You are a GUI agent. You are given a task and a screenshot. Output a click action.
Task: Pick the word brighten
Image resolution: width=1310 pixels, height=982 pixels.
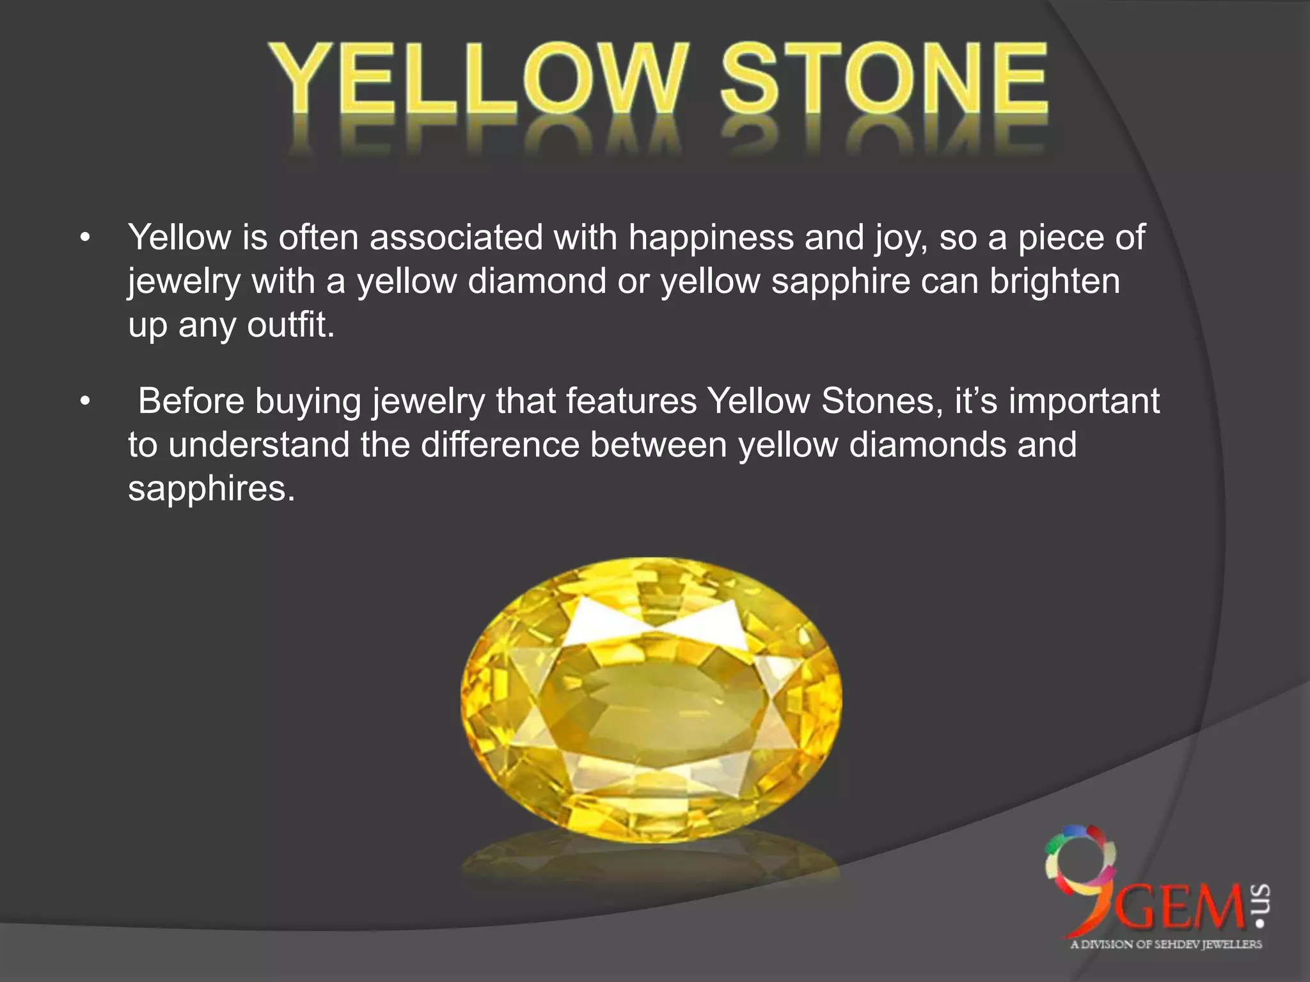(x=1055, y=281)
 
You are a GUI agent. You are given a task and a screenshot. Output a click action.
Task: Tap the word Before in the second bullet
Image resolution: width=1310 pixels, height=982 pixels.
(x=191, y=401)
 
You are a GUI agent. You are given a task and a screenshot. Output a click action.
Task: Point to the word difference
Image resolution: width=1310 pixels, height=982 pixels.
(x=500, y=445)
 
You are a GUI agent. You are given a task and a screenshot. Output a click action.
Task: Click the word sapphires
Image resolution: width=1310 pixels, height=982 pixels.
(x=211, y=489)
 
